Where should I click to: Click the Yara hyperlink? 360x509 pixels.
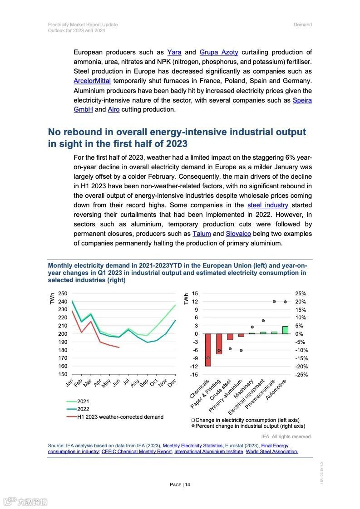pyautogui.click(x=174, y=52)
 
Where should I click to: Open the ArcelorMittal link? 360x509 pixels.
pyautogui.click(x=92, y=81)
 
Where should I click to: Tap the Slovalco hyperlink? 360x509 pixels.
pyautogui.click(x=238, y=234)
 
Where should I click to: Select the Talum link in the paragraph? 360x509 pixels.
pyautogui.click(x=202, y=234)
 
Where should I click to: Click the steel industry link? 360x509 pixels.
pyautogui.click(x=268, y=205)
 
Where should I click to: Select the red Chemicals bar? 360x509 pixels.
pyautogui.click(x=208, y=350)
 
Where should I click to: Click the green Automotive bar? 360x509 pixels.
pyautogui.click(x=285, y=330)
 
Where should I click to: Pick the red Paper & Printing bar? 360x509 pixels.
pyautogui.click(x=219, y=343)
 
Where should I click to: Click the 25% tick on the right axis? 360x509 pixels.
pyautogui.click(x=300, y=294)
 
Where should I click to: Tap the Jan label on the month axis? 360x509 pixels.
pyautogui.click(x=69, y=383)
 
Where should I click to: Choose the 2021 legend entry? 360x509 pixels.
pyautogui.click(x=83, y=401)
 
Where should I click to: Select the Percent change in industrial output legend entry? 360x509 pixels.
pyautogui.click(x=250, y=426)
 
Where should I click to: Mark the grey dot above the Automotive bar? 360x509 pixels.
pyautogui.click(x=285, y=302)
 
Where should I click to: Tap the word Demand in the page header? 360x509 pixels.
pyautogui.click(x=302, y=24)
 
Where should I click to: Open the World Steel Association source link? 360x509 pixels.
pyautogui.click(x=272, y=451)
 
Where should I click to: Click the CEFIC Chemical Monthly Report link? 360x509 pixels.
pyautogui.click(x=137, y=451)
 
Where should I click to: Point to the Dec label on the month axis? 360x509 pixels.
pyautogui.click(x=172, y=383)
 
